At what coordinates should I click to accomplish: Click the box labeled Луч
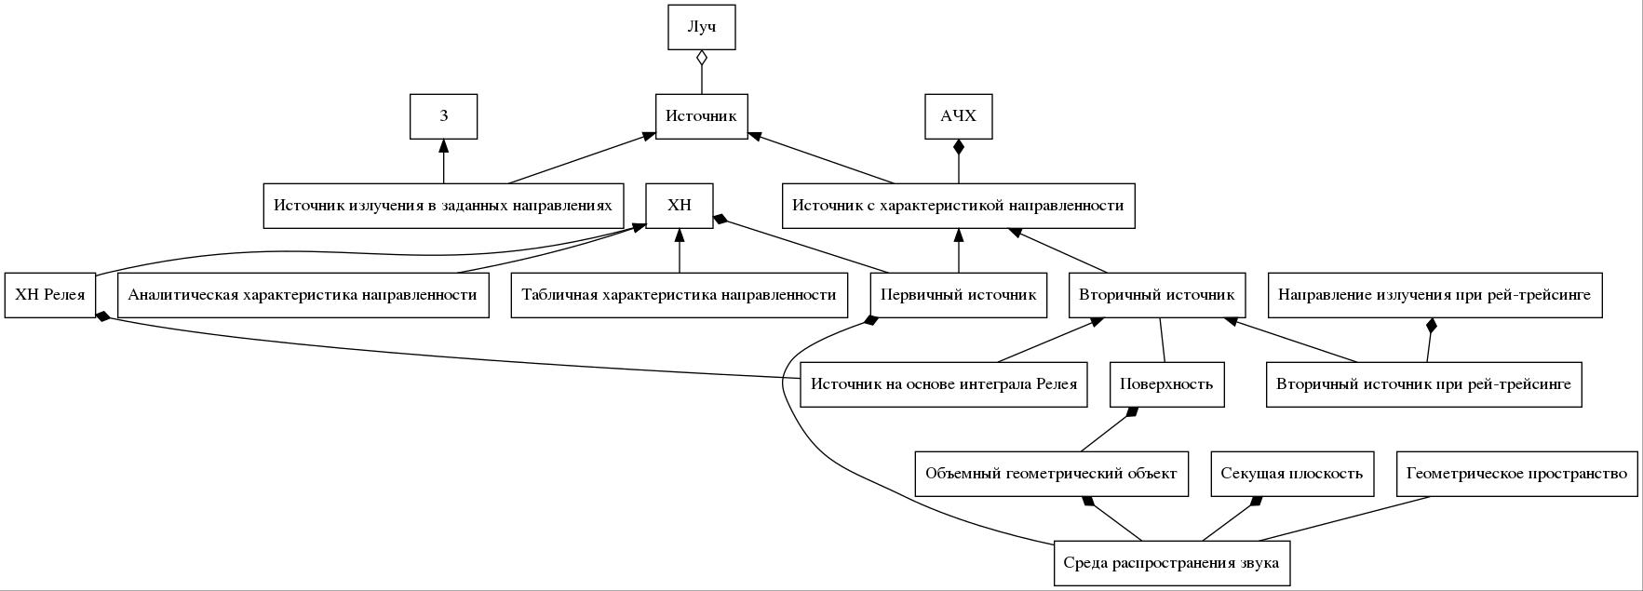(702, 27)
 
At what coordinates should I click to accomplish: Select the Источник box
(702, 116)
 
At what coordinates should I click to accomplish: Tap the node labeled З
(444, 116)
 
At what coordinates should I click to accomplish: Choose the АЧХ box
(959, 116)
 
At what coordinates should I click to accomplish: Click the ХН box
(680, 206)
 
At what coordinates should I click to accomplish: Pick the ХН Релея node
(50, 295)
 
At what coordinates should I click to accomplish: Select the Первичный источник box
(959, 295)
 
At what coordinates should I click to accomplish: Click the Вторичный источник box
(1157, 295)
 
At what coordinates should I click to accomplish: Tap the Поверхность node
(1167, 384)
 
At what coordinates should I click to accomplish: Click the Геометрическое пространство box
(1517, 474)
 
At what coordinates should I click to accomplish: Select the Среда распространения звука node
(1172, 563)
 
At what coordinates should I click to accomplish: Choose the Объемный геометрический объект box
(1052, 474)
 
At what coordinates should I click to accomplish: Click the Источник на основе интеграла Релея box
(944, 384)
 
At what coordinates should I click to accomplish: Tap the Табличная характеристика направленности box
(680, 295)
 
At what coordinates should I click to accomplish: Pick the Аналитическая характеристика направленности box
(303, 295)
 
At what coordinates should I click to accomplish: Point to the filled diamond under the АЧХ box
(959, 148)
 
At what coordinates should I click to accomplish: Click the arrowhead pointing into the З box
(444, 146)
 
